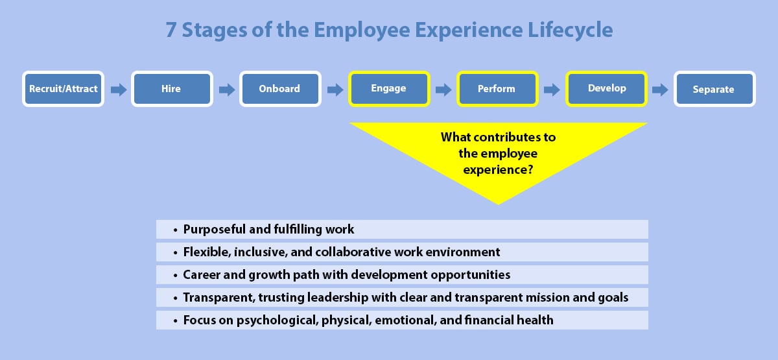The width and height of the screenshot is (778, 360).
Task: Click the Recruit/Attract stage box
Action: (63, 89)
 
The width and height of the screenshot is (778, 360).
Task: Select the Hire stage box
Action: (171, 89)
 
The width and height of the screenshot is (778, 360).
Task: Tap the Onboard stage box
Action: (280, 89)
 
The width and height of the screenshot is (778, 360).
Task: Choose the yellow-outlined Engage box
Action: (388, 89)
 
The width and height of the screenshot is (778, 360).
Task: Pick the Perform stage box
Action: (497, 89)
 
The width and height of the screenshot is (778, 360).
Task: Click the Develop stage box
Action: (606, 89)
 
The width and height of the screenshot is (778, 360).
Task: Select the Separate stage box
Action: (714, 89)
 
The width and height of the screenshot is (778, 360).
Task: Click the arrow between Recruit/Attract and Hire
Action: (119, 90)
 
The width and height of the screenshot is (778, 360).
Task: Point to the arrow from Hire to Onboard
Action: (227, 90)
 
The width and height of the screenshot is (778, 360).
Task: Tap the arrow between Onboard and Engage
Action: (335, 90)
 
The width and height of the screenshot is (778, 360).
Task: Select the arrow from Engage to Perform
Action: (443, 90)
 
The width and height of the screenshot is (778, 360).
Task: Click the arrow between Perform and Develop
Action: (552, 90)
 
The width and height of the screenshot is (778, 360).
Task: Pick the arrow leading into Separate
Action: (660, 90)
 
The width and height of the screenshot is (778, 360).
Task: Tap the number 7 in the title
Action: (171, 30)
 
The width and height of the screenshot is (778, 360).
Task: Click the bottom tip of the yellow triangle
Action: (498, 202)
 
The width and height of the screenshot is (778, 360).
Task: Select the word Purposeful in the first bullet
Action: (215, 230)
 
